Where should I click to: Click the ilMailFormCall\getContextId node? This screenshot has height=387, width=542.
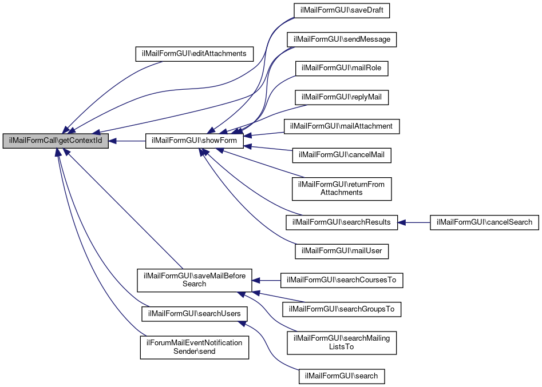pyautogui.click(x=56, y=141)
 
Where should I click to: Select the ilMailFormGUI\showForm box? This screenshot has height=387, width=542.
pyautogui.click(x=195, y=141)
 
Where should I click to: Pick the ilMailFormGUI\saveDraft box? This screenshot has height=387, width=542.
pyautogui.click(x=342, y=11)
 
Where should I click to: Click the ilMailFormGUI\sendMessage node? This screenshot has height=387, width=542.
pyautogui.click(x=342, y=39)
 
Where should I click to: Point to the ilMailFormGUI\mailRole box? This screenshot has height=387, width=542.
pyautogui.click(x=342, y=68)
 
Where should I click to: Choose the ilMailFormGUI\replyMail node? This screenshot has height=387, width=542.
pyautogui.click(x=342, y=97)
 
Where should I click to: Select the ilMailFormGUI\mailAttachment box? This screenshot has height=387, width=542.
pyautogui.click(x=342, y=126)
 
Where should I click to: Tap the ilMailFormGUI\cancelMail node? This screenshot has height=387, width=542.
pyautogui.click(x=342, y=154)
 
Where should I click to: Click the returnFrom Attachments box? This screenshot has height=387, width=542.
pyautogui.click(x=342, y=189)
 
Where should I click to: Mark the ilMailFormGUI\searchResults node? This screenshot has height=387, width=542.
pyautogui.click(x=342, y=222)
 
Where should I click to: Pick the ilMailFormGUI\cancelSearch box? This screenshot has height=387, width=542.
pyautogui.click(x=484, y=222)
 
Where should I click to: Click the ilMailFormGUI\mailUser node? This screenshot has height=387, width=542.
pyautogui.click(x=342, y=250)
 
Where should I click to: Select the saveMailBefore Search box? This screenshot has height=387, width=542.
pyautogui.click(x=195, y=280)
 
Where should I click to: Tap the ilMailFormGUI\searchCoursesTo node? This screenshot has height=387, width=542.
pyautogui.click(x=342, y=280)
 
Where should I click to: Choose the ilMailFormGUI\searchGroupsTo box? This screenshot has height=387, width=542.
pyautogui.click(x=342, y=309)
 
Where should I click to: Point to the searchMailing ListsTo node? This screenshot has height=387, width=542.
pyautogui.click(x=342, y=342)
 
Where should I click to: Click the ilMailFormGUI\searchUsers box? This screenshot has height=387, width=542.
pyautogui.click(x=195, y=313)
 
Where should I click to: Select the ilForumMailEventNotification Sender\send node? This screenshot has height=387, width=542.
pyautogui.click(x=195, y=347)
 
